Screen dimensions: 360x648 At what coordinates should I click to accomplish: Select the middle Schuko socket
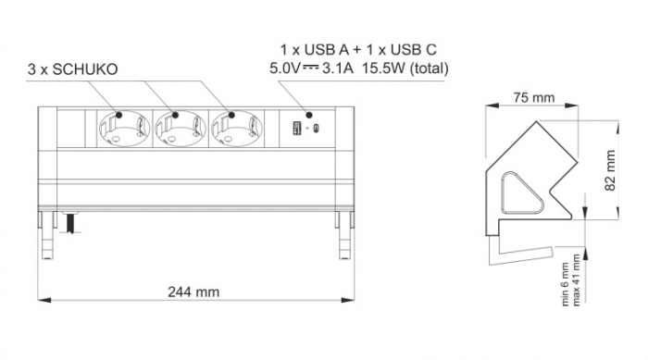(x=178, y=130)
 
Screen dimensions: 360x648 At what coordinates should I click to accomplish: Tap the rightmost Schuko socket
(x=234, y=130)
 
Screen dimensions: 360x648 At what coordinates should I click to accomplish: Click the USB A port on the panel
(x=295, y=128)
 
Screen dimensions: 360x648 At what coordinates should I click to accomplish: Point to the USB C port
(x=317, y=128)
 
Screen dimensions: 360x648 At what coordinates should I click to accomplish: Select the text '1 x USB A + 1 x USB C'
(x=359, y=48)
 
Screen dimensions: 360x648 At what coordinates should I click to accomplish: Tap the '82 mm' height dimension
(x=610, y=172)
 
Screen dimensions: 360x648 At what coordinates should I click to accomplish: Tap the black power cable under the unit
(x=68, y=223)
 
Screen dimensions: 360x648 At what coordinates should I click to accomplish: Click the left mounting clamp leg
(x=46, y=233)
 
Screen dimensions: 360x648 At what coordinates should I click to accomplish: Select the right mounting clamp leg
(x=344, y=233)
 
